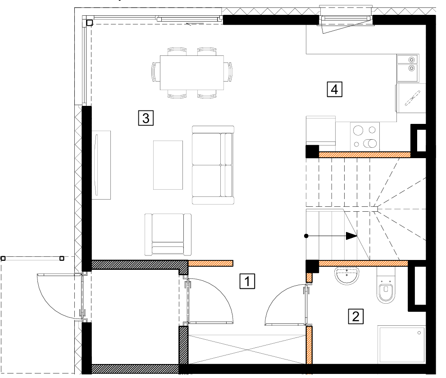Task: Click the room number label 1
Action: (x=247, y=281)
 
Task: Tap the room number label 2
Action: (x=355, y=316)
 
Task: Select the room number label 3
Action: (x=146, y=118)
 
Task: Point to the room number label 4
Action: (x=334, y=89)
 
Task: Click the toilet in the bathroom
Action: (x=386, y=285)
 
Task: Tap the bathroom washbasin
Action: (x=347, y=276)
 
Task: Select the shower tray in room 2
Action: (x=402, y=345)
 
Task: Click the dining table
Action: (x=192, y=73)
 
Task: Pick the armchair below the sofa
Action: (x=168, y=235)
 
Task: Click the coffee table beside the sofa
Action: (x=168, y=165)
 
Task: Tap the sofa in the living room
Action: (x=213, y=165)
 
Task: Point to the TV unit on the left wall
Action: (x=101, y=165)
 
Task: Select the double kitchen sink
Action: (x=407, y=68)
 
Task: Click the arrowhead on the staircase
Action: (x=351, y=236)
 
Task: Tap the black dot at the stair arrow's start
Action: (x=306, y=236)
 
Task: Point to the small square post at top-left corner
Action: (x=89, y=23)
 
